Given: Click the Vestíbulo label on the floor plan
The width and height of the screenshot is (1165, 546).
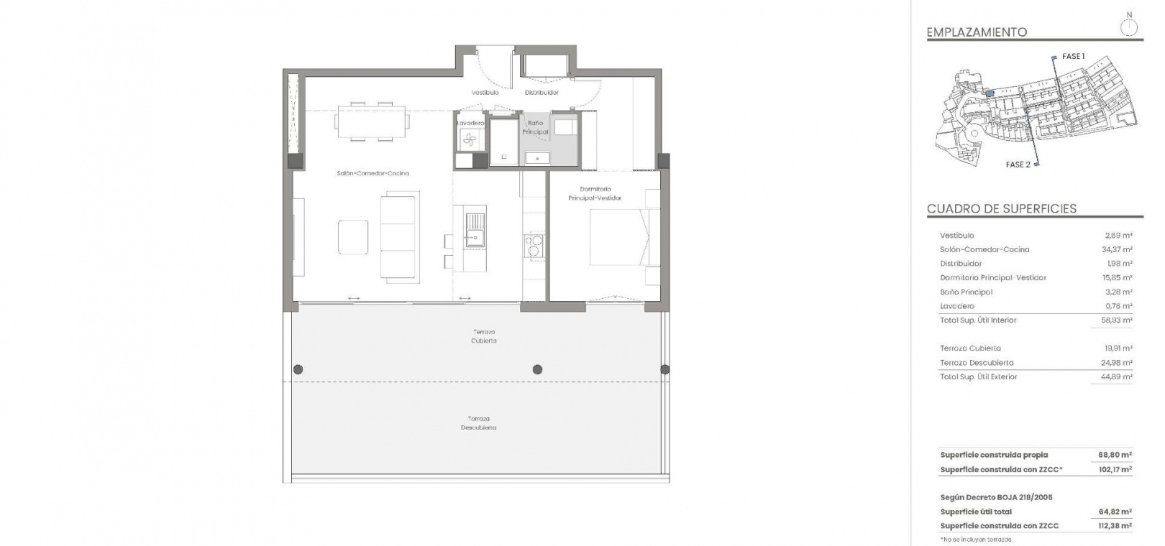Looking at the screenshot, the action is (x=485, y=93).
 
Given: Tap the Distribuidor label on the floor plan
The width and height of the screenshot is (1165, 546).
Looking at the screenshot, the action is (x=542, y=93).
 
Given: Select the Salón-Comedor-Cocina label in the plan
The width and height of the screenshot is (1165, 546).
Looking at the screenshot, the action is (x=373, y=174).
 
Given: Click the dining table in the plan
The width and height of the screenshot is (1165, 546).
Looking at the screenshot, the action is (x=371, y=122).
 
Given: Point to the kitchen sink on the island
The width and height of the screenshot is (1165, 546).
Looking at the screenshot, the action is (x=475, y=230).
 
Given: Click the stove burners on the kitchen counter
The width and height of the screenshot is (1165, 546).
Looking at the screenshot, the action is (x=533, y=246).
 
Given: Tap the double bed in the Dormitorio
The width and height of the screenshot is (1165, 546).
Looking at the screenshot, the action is (x=619, y=237).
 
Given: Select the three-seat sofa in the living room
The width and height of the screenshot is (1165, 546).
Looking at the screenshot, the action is (x=399, y=237).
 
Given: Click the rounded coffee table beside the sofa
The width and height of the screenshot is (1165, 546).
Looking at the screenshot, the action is (x=353, y=237).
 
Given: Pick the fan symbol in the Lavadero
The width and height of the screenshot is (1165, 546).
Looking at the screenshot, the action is (x=469, y=139).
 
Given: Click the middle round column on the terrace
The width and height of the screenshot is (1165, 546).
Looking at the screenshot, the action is (x=537, y=369).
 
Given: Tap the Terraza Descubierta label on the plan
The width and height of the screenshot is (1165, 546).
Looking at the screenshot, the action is (x=478, y=423).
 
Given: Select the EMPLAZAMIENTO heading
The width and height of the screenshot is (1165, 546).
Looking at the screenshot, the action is (x=977, y=32).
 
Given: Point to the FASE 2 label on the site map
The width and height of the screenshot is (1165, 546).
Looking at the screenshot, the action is (x=1018, y=165).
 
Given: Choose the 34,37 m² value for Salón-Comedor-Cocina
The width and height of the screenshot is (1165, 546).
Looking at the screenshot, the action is (x=1117, y=249).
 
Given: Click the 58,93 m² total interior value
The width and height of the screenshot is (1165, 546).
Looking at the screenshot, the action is (x=1117, y=320).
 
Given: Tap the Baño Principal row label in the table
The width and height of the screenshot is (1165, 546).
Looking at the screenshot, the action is (x=967, y=292).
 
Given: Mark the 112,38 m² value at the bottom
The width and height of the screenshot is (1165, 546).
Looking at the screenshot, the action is (x=1115, y=526).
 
